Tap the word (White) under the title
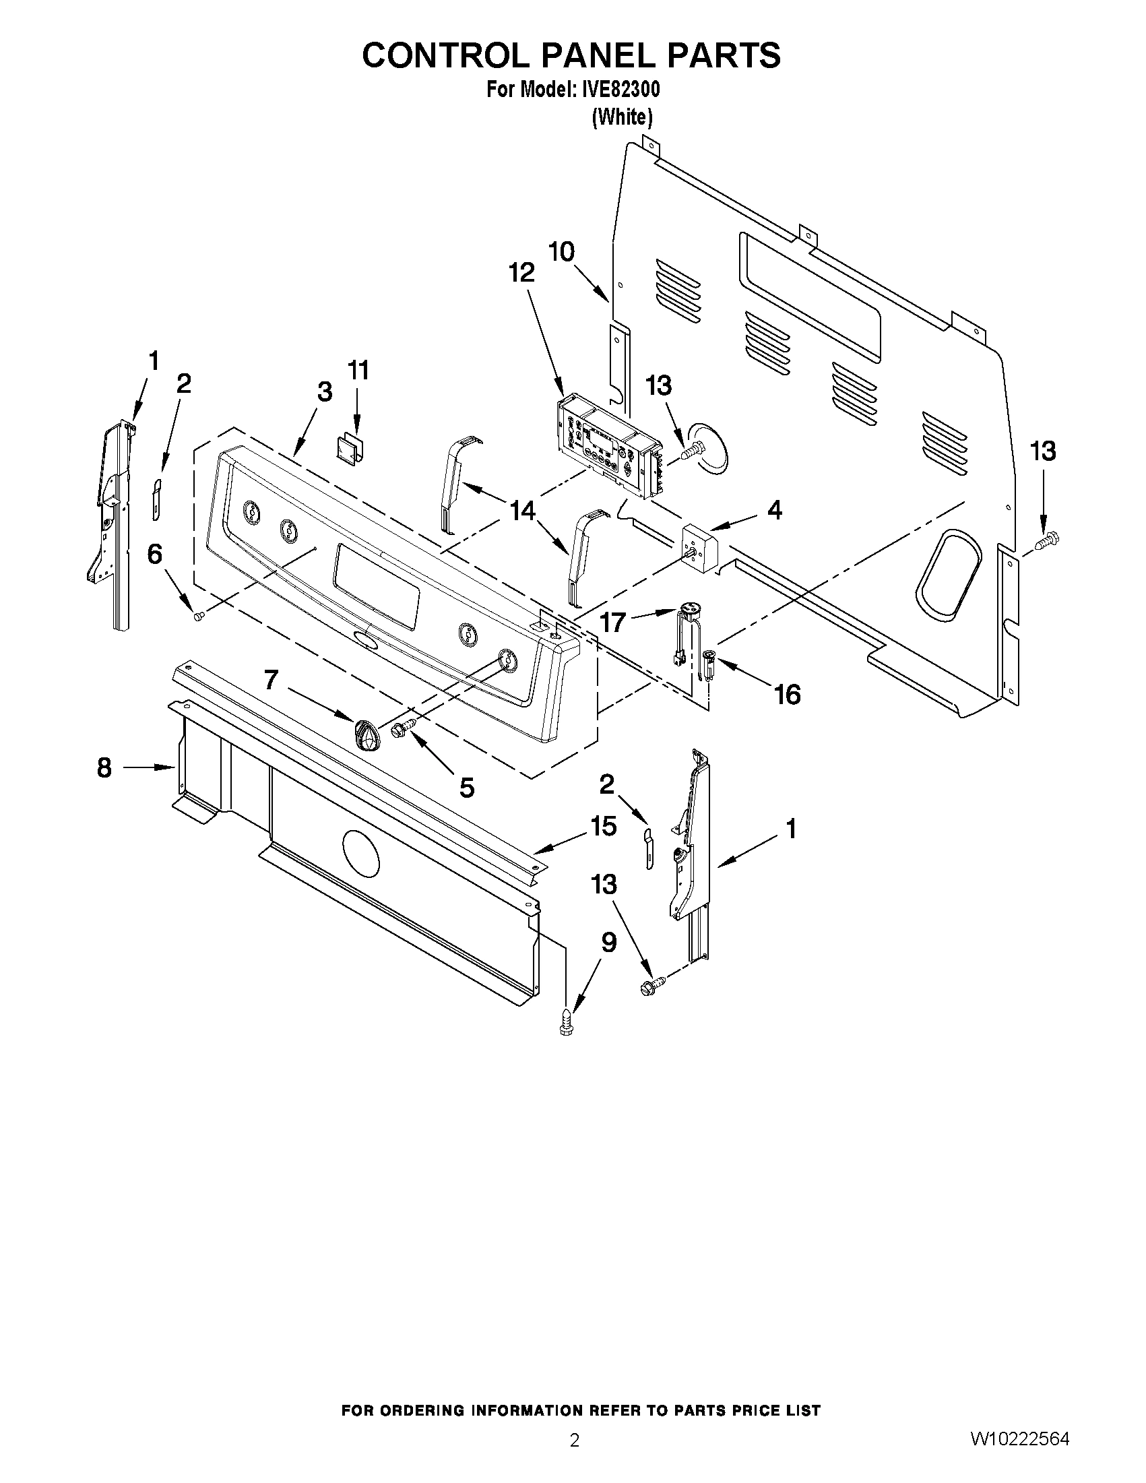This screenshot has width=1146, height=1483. click(x=622, y=117)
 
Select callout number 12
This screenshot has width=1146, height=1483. click(x=521, y=273)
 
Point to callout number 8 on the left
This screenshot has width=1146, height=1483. click(x=104, y=768)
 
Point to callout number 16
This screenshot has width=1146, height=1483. click(x=788, y=694)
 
